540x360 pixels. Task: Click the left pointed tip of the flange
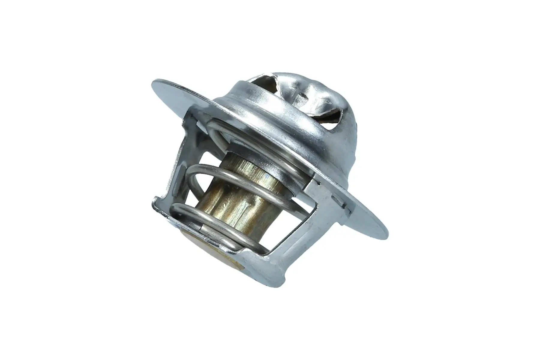[154, 82]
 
